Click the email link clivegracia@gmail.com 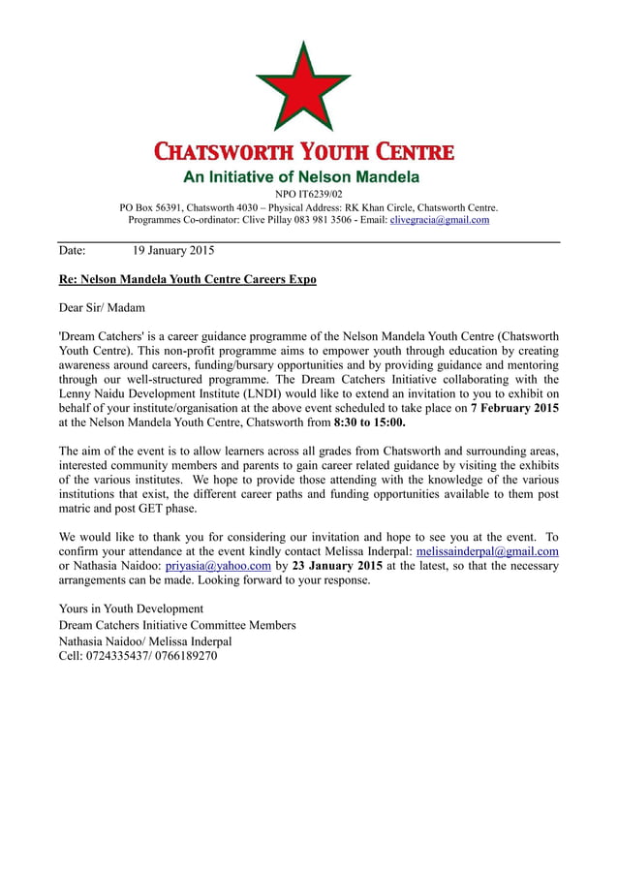click(x=439, y=220)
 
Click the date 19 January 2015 click(x=173, y=251)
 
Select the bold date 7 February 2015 click(x=514, y=408)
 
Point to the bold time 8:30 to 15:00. click(x=370, y=422)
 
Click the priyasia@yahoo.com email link click(x=218, y=566)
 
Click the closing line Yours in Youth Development click(x=131, y=609)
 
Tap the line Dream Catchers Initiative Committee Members click(x=177, y=625)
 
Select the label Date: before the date click(x=73, y=251)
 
